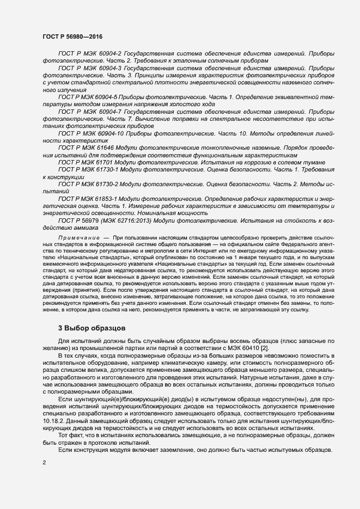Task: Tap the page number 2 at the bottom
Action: point(44,462)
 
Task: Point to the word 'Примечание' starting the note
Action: point(77,238)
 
